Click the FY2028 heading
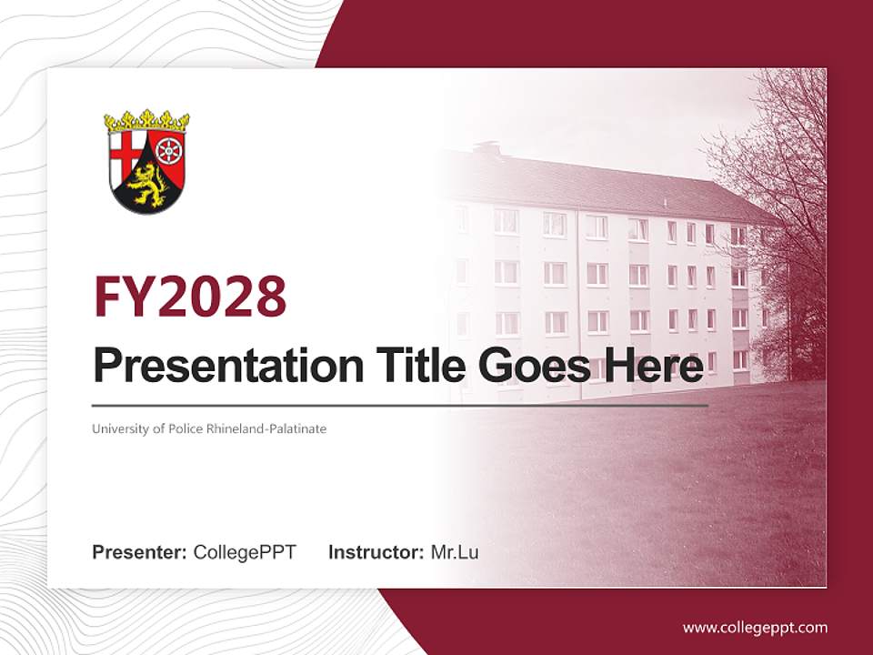tap(190, 297)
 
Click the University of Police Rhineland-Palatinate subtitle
tap(208, 428)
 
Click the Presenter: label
tap(140, 552)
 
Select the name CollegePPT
tap(245, 552)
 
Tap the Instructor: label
tap(376, 552)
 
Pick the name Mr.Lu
tap(455, 552)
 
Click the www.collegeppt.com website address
tap(755, 627)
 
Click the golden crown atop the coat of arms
tap(146, 121)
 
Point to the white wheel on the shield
tap(169, 149)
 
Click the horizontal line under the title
tap(400, 405)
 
